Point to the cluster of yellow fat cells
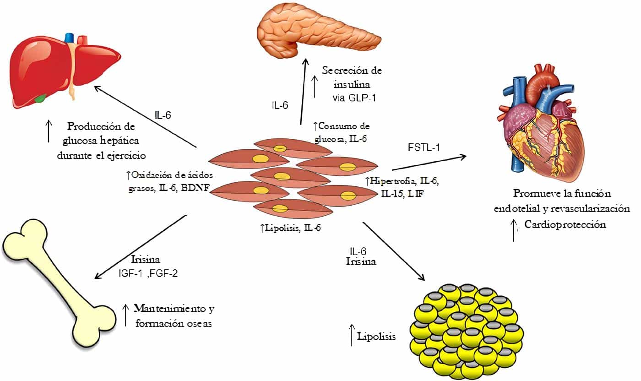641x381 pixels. coord(467,330)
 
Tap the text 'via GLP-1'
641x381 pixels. coord(355,98)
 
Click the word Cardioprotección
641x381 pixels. coord(565,224)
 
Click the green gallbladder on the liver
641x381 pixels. coord(42,98)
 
